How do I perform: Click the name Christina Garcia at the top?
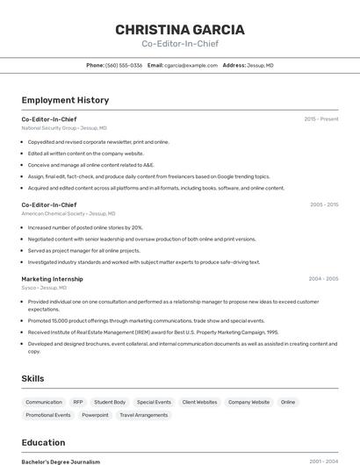180,30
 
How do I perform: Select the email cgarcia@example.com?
191,65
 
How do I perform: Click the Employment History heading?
65,100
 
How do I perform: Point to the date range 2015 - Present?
320,118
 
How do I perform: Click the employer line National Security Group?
64,128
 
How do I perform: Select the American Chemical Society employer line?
68,213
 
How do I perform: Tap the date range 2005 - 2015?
323,204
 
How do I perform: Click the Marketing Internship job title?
52,279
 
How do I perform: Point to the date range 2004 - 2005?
323,279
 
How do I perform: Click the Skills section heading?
33,378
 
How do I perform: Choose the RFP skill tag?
78,402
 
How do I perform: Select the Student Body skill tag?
110,402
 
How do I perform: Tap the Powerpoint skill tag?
95,415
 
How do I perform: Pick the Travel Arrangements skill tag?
143,415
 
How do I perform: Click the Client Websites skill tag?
199,402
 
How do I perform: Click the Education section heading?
43,442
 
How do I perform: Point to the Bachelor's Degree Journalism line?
61,461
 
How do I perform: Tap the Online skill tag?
287,402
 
